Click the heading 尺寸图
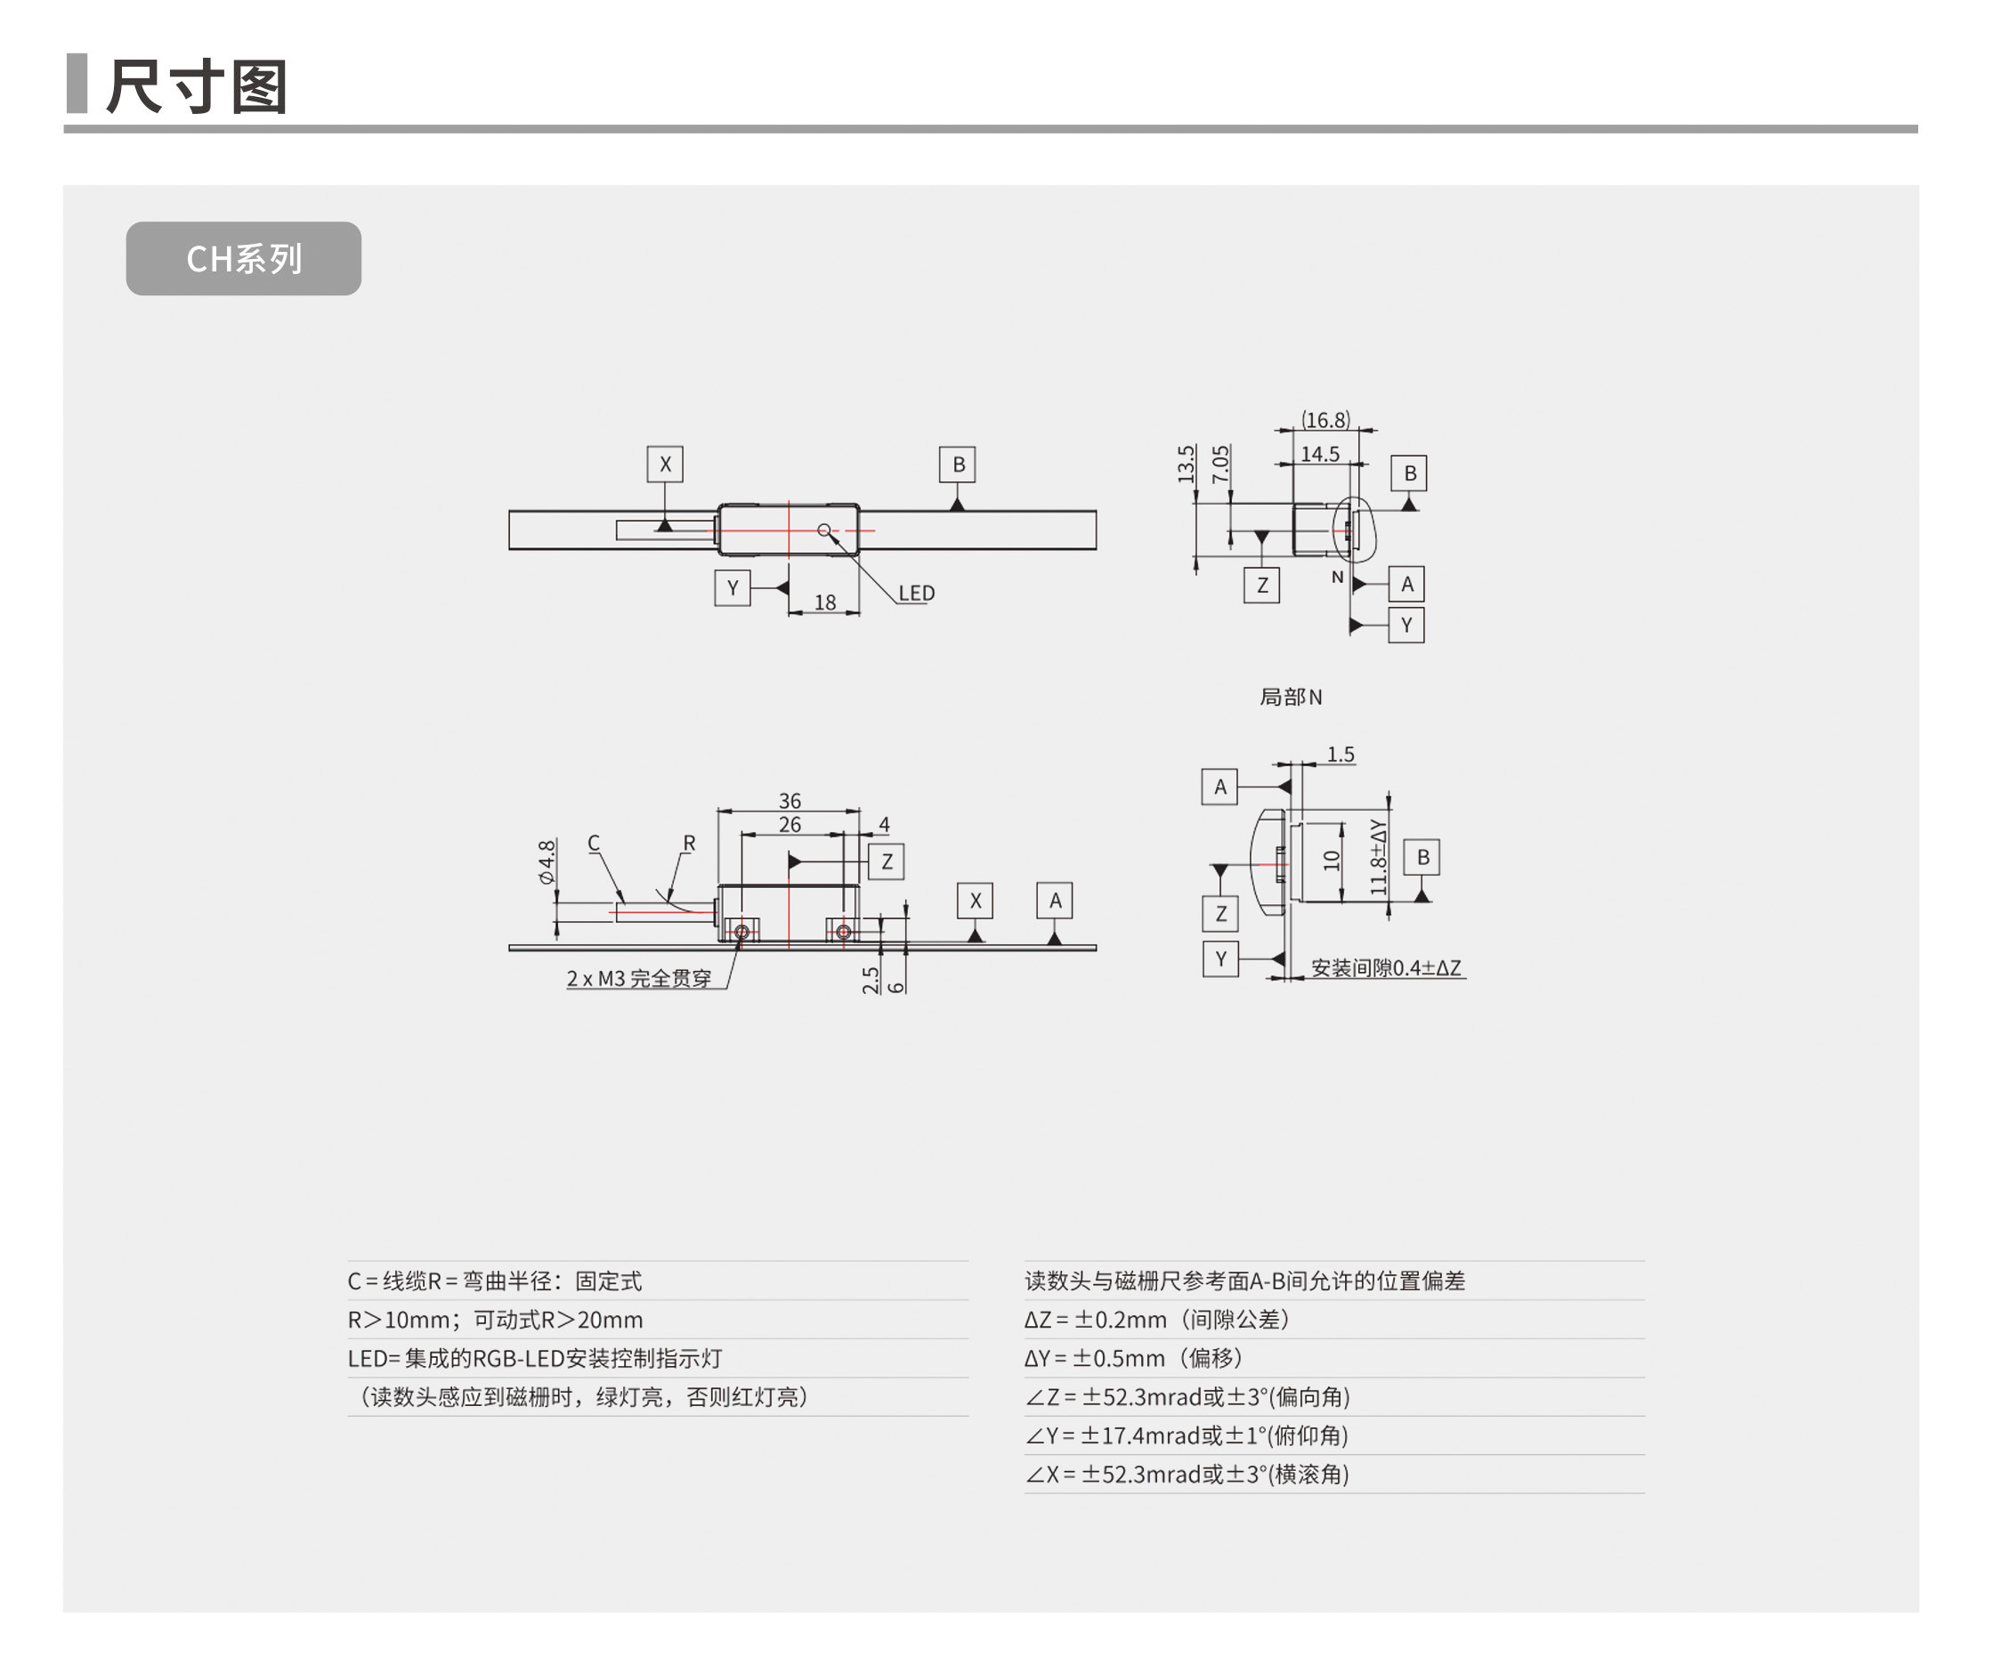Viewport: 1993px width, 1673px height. tap(197, 86)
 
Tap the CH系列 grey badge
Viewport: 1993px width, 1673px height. tap(243, 259)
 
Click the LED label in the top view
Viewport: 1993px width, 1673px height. tap(916, 593)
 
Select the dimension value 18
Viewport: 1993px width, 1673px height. tap(825, 602)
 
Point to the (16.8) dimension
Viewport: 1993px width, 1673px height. tap(1325, 419)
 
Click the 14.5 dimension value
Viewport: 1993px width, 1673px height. tap(1319, 454)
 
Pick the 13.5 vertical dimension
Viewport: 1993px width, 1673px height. tap(1186, 464)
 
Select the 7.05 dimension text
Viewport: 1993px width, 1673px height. tap(1220, 464)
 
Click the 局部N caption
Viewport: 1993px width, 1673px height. tap(1290, 698)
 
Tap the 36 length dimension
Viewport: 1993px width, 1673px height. tap(790, 801)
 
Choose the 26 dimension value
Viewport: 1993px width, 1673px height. tap(790, 825)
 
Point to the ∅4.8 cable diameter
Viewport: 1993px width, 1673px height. tap(547, 861)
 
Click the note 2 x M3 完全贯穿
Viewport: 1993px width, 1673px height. tap(639, 978)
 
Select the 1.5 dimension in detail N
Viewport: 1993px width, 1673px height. tap(1340, 755)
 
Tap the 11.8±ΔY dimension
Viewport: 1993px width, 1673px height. tap(1379, 858)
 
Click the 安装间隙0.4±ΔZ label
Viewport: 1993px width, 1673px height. tap(1386, 968)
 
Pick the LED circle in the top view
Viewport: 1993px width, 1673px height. tap(823, 530)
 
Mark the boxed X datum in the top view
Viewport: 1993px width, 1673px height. tap(664, 464)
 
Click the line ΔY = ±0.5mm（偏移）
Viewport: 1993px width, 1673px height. tap(1133, 1358)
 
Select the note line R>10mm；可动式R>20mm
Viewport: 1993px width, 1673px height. tap(496, 1320)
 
